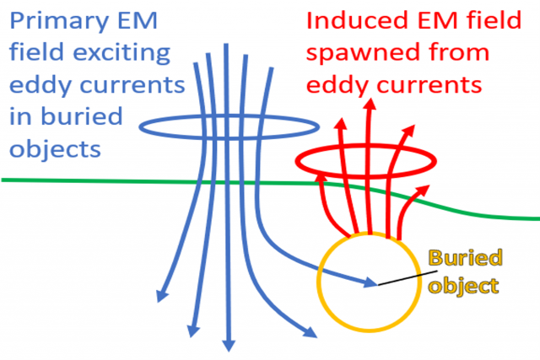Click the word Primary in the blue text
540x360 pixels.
point(47,19)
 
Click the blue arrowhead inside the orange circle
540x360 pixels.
point(371,282)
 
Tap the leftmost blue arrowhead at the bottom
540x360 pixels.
point(158,298)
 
